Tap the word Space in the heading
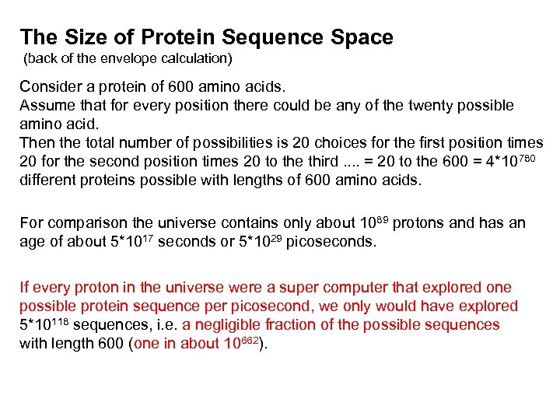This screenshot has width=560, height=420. click(x=360, y=37)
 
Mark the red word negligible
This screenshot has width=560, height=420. click(x=229, y=325)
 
